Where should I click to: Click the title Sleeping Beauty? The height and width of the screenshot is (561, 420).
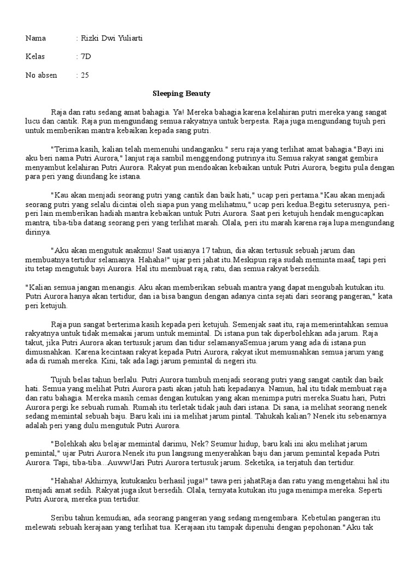coord(181,94)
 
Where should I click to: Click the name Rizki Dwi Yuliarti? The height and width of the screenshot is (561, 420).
coord(112,38)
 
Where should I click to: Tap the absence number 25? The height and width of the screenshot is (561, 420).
coord(85,75)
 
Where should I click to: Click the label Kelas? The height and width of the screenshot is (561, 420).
coord(35,56)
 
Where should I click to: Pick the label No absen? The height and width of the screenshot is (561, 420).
coord(41,75)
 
